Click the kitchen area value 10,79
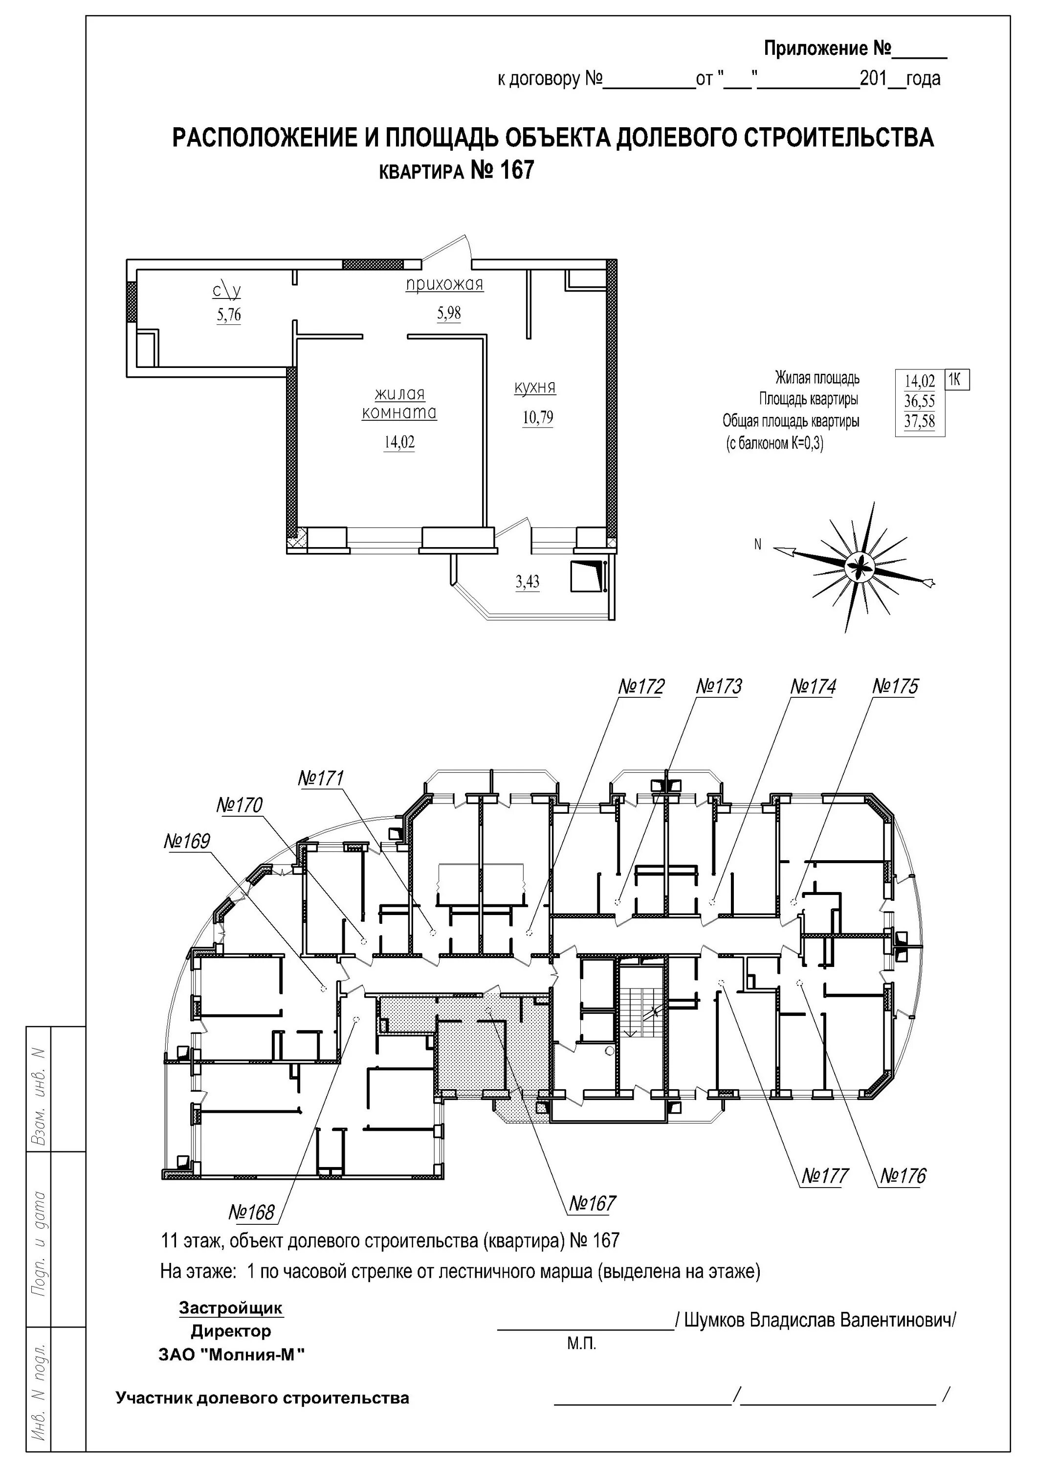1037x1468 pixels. pos(538,418)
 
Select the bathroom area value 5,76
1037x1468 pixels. pos(229,315)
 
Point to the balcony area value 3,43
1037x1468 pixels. pos(527,582)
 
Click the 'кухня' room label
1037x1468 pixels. pos(535,388)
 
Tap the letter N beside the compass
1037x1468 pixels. pos(758,545)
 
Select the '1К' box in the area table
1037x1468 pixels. pos(956,380)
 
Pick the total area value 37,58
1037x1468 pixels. pos(920,422)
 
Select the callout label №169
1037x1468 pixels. pos(187,842)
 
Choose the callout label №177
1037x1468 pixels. pos(825,1176)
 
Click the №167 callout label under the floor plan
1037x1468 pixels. pos(592,1204)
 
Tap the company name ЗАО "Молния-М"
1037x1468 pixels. pos(231,1355)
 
